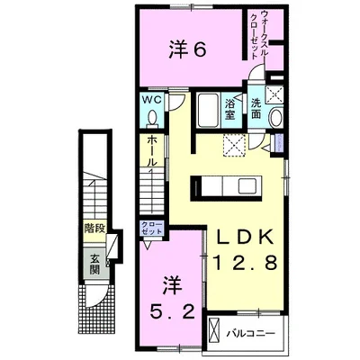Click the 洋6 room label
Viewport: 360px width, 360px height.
[x=190, y=49]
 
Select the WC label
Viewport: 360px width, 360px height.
[x=149, y=100]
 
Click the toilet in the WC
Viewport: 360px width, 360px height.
[x=150, y=119]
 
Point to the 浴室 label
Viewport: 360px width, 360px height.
[x=229, y=109]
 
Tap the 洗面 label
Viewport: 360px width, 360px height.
[x=256, y=109]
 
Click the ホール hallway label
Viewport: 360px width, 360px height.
[x=154, y=153]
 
